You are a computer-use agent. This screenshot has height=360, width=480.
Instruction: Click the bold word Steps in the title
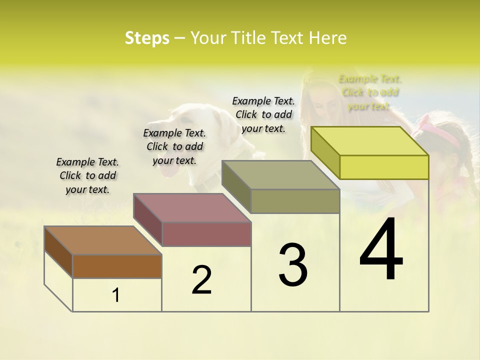point(147,38)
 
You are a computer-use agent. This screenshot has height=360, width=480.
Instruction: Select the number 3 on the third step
point(293,264)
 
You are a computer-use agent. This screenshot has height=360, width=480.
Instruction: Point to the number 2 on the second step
point(201,280)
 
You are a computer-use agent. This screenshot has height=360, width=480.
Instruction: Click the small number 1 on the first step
point(116,295)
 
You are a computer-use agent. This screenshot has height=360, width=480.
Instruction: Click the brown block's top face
point(103,240)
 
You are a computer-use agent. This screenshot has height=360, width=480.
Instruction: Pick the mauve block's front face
point(206,234)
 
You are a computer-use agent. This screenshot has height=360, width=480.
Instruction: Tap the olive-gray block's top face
point(280,175)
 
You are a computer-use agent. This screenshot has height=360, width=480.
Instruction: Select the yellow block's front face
point(384,167)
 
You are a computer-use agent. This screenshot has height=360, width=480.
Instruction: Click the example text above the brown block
point(87,175)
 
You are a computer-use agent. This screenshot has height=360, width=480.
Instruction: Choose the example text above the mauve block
point(174,146)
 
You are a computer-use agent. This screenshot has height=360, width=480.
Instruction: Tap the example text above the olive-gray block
point(263,114)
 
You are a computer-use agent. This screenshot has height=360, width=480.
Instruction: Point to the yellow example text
point(370,92)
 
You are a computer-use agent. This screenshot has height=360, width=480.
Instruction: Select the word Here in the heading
point(328,38)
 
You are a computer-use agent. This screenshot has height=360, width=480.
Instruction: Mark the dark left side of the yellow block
point(325,152)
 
